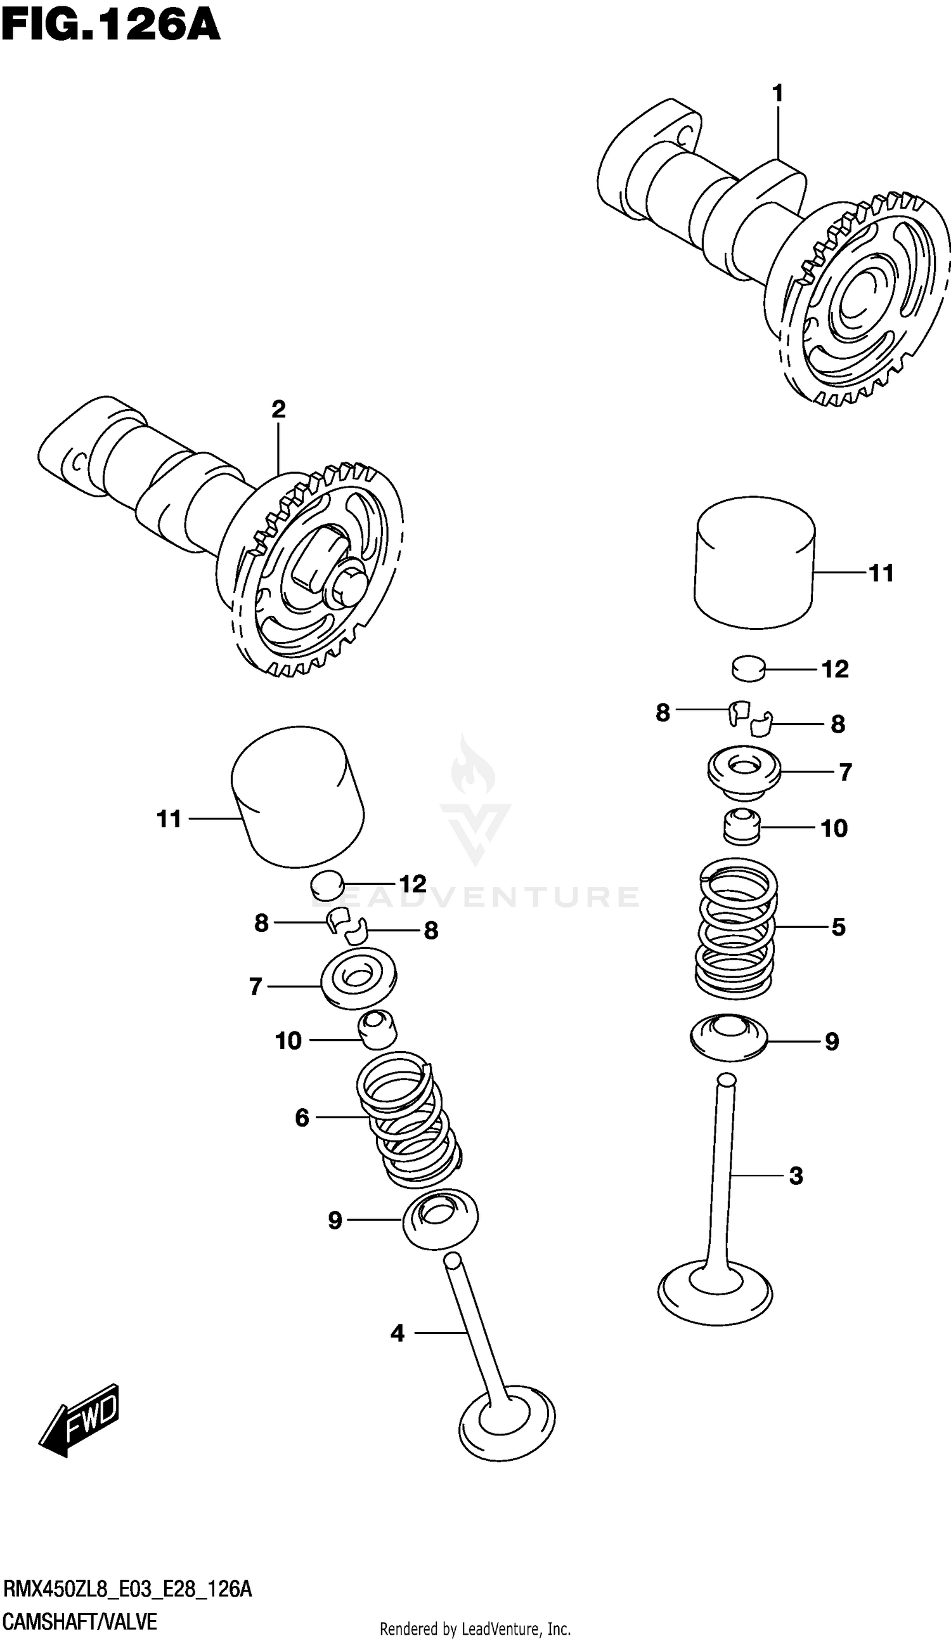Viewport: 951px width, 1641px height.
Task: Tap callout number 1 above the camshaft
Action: click(x=777, y=95)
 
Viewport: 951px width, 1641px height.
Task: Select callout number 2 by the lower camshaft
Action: click(x=278, y=410)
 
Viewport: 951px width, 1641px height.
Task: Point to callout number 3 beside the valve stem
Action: click(x=796, y=1176)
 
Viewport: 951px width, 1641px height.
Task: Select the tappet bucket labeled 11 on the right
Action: click(x=754, y=563)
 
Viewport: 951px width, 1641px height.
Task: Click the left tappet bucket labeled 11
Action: click(x=298, y=798)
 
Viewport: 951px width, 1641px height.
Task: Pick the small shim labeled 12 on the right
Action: click(x=749, y=669)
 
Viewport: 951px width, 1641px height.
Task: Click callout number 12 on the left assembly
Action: click(x=412, y=884)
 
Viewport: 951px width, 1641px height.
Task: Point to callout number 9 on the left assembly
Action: click(x=335, y=1220)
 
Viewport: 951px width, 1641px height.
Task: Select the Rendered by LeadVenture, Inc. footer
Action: click(x=475, y=1630)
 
